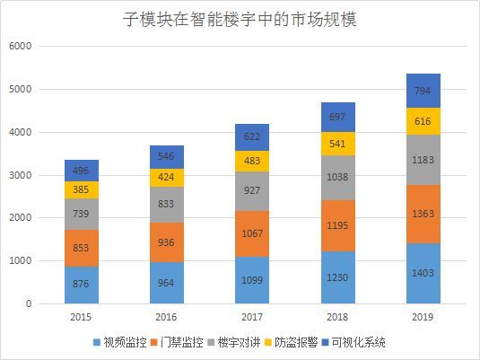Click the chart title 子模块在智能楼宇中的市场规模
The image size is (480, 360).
240,19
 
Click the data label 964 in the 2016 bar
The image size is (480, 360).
167,282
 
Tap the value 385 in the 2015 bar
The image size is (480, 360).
82,189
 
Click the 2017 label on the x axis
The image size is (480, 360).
251,318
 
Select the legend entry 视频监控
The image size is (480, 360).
120,342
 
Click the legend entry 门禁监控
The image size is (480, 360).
180,342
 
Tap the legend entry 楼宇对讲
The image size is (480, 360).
240,342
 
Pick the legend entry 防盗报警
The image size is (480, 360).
299,342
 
